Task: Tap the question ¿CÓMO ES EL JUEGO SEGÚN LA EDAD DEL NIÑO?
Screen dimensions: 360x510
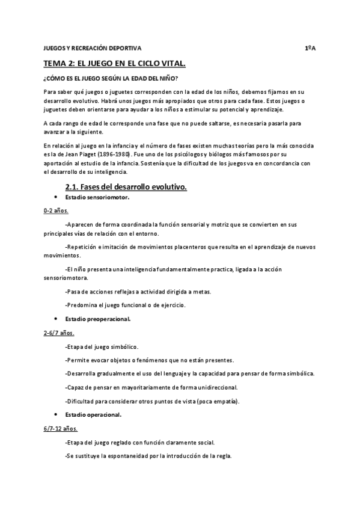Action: tap(110, 79)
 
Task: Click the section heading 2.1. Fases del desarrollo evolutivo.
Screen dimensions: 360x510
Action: tap(126, 187)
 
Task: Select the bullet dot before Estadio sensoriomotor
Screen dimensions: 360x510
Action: tap(55, 197)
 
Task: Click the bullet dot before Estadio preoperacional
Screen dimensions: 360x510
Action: tap(55, 319)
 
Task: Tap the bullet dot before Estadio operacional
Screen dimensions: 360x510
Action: tap(55, 415)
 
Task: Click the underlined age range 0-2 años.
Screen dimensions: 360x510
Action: tap(56, 211)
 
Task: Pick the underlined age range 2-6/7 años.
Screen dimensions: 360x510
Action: tap(59, 333)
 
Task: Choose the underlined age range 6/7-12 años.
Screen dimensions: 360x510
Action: tap(61, 429)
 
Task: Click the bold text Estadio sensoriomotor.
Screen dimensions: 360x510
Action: tap(97, 197)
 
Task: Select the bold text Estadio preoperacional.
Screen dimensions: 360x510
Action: tap(98, 319)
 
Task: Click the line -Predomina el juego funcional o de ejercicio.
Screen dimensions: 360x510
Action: tap(126, 305)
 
